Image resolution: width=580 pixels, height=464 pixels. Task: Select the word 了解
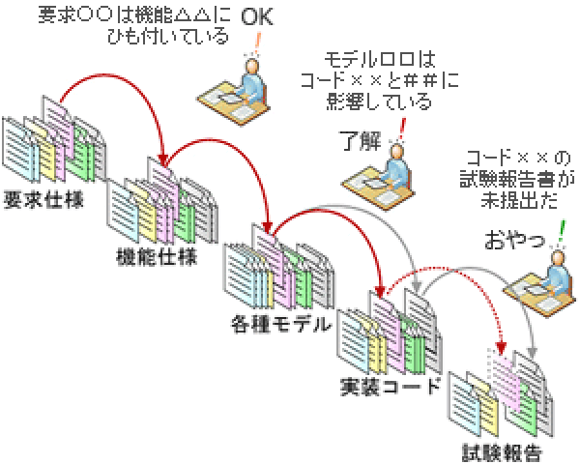coord(361,137)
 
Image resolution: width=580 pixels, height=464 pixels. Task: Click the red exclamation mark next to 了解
coord(401,127)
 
